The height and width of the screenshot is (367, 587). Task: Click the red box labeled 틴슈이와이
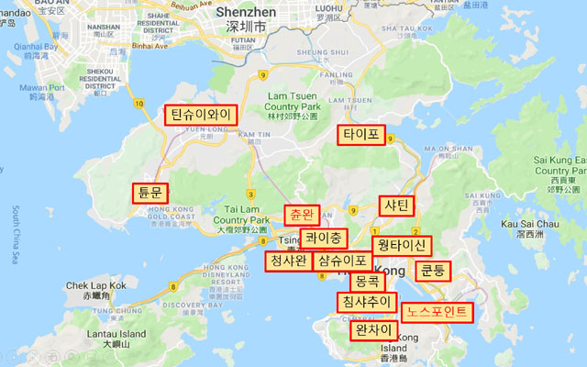tap(200, 115)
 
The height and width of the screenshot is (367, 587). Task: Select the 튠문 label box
tap(150, 193)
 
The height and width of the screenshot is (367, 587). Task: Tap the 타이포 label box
tap(360, 135)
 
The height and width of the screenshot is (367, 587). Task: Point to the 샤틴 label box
tap(398, 206)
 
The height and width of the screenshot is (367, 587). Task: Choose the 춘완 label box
tap(302, 216)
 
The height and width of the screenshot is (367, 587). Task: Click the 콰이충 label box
tap(324, 239)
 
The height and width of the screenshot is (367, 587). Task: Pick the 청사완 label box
tap(287, 261)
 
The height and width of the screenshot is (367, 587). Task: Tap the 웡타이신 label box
tap(401, 246)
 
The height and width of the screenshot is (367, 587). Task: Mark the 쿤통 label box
tap(431, 271)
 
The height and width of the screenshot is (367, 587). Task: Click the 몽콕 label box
tap(366, 282)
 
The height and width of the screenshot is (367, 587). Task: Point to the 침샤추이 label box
tap(366, 302)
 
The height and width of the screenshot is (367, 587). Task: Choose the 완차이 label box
tap(374, 330)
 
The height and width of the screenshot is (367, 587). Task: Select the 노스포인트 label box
tap(438, 312)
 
